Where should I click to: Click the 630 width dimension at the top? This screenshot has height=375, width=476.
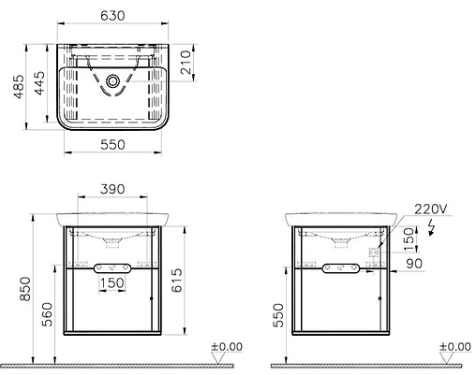[x=112, y=16]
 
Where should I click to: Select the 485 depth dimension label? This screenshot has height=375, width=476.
[x=19, y=86]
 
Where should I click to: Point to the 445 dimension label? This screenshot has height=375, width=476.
[x=39, y=83]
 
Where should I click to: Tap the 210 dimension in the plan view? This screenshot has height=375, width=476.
[x=186, y=63]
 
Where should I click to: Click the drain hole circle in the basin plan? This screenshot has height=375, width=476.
[x=112, y=81]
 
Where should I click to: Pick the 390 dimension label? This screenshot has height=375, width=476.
[x=112, y=189]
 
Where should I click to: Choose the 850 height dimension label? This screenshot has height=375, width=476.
[x=25, y=289]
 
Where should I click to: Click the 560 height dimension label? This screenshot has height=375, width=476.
[x=48, y=314]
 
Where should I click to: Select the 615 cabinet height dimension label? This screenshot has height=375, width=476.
[x=177, y=281]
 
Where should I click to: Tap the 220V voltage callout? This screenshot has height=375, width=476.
[x=431, y=209]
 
